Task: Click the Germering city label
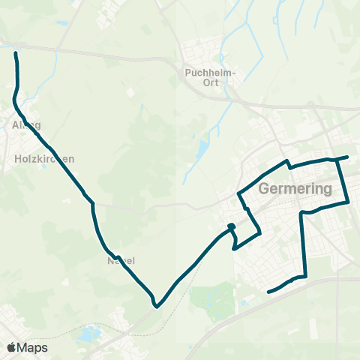[x=295, y=190]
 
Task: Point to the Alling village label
[x=26, y=125]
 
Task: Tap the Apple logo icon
[x=12, y=348]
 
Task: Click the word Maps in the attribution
[x=34, y=348]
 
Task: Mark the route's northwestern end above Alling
[x=16, y=52]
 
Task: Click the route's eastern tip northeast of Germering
[x=347, y=157]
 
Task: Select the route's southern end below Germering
[x=268, y=291]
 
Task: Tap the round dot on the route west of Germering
[x=231, y=227]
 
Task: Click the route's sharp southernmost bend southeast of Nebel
[x=156, y=305]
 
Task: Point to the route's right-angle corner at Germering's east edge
[x=349, y=202]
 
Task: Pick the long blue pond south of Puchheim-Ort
[x=202, y=153]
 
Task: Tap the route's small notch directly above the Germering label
[x=287, y=163]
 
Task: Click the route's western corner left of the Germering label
[x=239, y=194]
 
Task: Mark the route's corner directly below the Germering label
[x=302, y=213]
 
